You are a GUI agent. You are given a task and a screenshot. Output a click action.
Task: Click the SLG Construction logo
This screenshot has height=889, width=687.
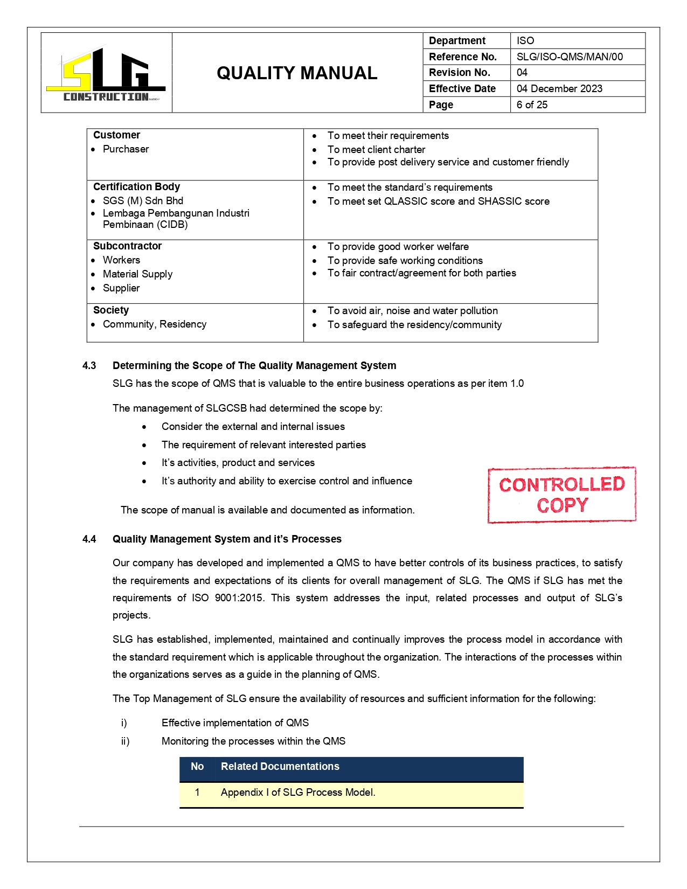point(106,74)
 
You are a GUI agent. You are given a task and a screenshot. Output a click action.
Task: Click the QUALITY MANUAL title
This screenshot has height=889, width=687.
point(297,73)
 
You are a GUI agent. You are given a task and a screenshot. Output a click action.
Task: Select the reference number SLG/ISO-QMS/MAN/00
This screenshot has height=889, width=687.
point(570,57)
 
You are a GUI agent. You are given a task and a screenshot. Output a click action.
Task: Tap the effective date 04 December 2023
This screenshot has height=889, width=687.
point(559,88)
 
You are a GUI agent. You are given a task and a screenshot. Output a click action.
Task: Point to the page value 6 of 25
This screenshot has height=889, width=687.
point(532,105)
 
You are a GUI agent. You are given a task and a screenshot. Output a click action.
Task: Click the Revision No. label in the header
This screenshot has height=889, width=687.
point(460,72)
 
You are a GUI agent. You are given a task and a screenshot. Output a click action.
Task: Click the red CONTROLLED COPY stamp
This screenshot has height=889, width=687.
point(561,495)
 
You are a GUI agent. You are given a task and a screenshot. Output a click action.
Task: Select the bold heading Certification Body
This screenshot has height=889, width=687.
point(136,187)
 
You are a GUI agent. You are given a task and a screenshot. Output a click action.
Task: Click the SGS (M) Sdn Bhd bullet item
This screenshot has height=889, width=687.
point(143,200)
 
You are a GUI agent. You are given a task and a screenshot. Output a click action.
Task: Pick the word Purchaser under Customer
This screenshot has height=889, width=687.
point(126,149)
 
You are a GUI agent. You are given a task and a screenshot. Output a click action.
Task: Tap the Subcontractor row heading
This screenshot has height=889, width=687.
point(127,246)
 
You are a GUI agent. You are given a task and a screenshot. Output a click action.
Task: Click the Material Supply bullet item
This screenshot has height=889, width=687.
point(137,274)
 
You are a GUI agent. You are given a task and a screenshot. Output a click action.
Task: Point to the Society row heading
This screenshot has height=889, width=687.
point(111,310)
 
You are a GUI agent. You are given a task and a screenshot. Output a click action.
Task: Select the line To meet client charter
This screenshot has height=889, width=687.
point(376,150)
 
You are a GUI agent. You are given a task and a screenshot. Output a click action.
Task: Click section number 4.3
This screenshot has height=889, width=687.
point(89,366)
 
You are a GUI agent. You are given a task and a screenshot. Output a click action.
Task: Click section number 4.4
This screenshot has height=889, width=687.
point(89,539)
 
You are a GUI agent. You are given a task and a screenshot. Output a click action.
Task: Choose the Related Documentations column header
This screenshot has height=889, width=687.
point(280,767)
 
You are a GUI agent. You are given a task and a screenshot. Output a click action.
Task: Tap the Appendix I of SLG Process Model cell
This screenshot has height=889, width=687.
point(298,793)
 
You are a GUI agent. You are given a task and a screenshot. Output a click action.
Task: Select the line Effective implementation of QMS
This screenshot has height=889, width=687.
point(235,723)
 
